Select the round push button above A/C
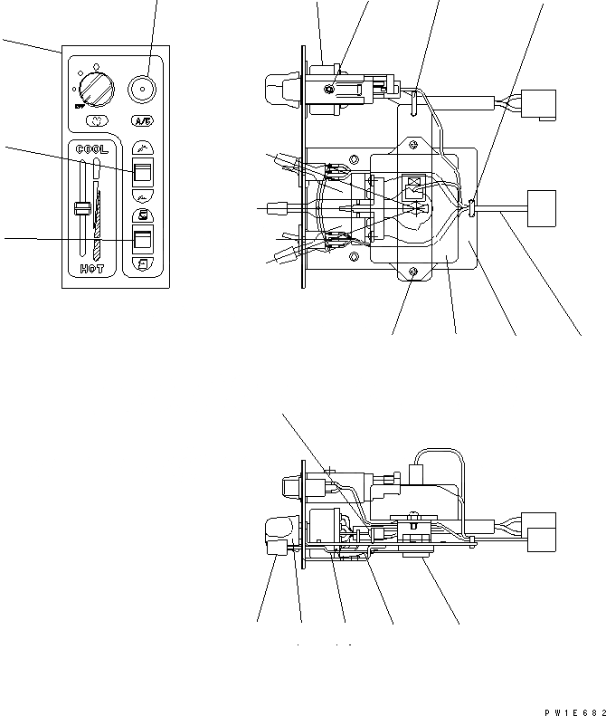click(141, 89)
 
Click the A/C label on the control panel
click(142, 121)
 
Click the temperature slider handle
click(80, 210)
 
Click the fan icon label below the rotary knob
click(95, 120)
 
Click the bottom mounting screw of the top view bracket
click(412, 272)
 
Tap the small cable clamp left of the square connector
click(474, 210)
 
